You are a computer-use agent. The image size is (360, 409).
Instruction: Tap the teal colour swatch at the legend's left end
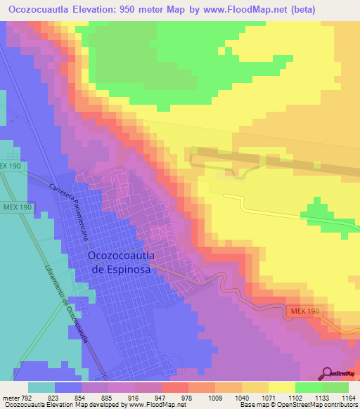click(41, 387)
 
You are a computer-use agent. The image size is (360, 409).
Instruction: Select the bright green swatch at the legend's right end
click(335, 387)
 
